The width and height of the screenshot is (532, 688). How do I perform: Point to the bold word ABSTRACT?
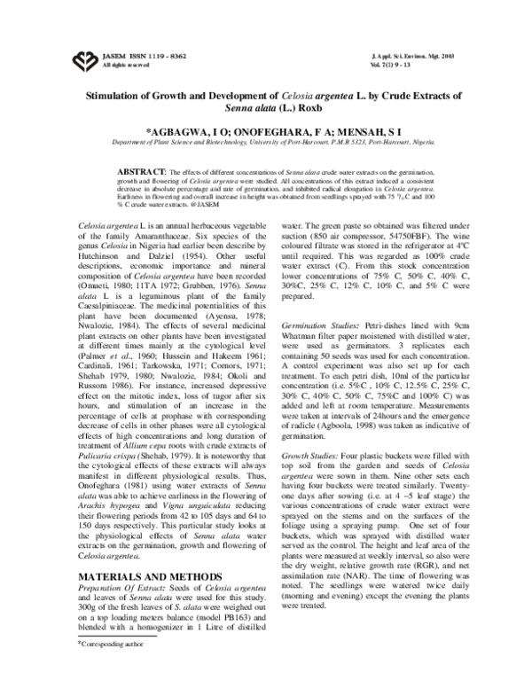[x=145, y=169]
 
